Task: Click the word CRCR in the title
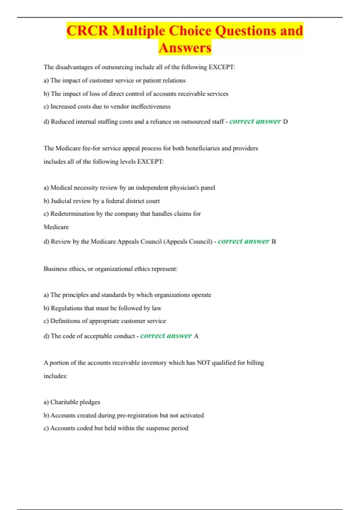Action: (x=87, y=31)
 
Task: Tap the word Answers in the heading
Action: (x=185, y=48)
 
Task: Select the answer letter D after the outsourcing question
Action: (x=285, y=121)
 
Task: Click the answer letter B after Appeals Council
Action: (x=274, y=241)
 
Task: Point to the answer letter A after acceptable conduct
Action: (x=196, y=336)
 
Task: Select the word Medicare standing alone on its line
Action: (x=56, y=227)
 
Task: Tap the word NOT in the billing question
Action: (x=203, y=363)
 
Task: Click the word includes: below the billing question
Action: (x=55, y=376)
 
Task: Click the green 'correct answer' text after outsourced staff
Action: (x=255, y=121)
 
